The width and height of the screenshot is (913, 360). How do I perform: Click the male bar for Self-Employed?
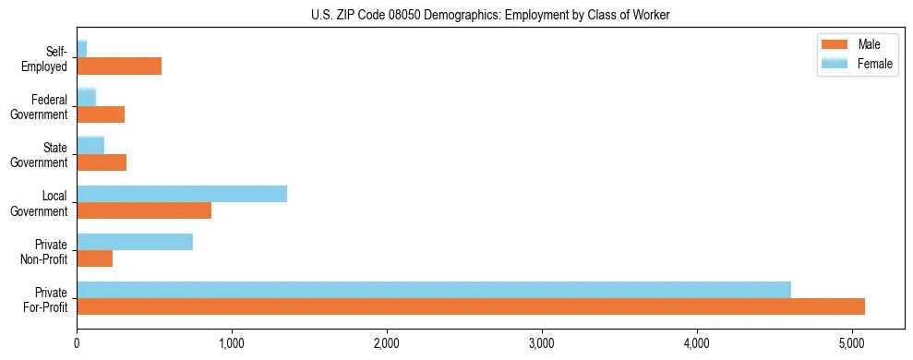coord(119,66)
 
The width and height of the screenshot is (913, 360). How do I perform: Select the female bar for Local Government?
coord(182,194)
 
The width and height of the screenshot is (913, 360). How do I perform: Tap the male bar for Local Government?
coord(144,210)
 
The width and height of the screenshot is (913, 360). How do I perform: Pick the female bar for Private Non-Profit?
coord(135,242)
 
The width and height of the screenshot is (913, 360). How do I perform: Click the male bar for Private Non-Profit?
coord(95,259)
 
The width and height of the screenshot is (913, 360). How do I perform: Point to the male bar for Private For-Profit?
coord(471,306)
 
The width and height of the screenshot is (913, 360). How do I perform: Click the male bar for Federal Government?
coord(101,114)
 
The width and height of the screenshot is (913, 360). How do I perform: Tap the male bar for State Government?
coord(102,162)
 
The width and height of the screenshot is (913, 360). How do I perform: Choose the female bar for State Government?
coord(90,146)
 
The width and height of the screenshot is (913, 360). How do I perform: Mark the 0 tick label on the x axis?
coord(77,344)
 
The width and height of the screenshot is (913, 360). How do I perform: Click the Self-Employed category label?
coord(47,59)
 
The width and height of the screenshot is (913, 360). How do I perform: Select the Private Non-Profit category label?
coord(47,251)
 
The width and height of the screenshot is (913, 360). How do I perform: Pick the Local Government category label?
coord(41,203)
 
